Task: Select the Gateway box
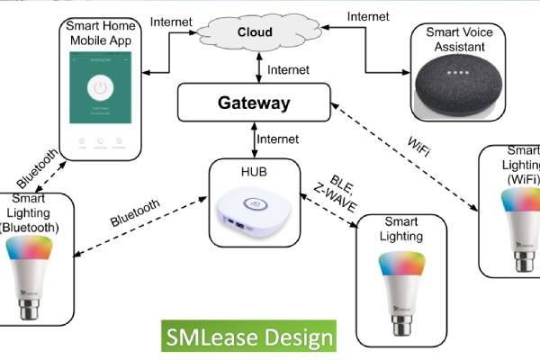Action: coord(254,103)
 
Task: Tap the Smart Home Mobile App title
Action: coord(105,32)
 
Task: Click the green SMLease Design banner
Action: coord(247,337)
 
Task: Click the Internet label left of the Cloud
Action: coord(170,21)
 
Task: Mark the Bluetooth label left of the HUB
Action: coord(135,212)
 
